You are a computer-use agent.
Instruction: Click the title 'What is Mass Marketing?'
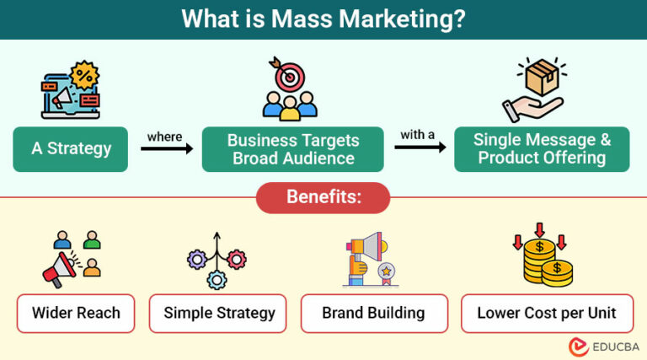[323, 19]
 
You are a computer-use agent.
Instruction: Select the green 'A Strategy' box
[71, 149]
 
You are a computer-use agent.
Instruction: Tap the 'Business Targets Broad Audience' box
[293, 149]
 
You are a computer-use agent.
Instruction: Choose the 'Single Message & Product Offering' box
[542, 149]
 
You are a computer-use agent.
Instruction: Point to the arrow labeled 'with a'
[419, 148]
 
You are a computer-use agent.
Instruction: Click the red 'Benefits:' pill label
[323, 197]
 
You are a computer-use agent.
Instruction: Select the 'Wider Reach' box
[76, 313]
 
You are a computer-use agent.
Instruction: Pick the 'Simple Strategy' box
[219, 313]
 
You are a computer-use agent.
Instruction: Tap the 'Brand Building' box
[373, 313]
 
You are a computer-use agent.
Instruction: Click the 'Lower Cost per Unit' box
[547, 313]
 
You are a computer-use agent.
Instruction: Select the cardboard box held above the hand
[541, 78]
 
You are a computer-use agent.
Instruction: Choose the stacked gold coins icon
[544, 262]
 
